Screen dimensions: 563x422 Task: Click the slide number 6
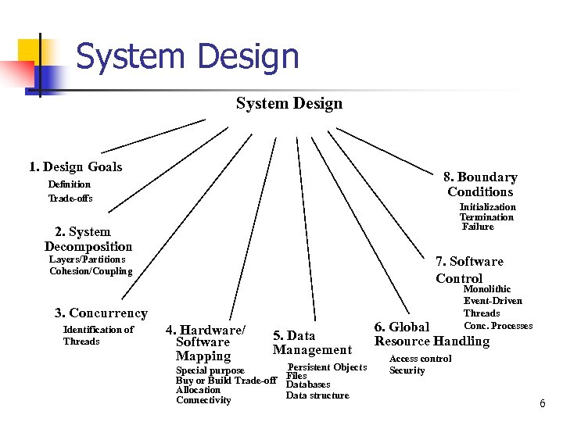541,402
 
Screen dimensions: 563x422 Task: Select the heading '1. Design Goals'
76,166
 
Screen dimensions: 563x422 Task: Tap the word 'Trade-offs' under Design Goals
70,198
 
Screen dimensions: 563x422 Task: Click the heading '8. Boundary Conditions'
480,184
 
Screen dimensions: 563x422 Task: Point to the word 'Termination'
486,217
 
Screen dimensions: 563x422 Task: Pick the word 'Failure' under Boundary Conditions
478,227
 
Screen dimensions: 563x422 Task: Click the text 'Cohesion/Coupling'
91,271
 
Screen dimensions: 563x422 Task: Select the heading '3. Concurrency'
101,313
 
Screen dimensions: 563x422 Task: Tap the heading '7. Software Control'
469,269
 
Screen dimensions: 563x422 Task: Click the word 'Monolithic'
487,289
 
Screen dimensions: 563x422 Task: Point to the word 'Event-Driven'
493,301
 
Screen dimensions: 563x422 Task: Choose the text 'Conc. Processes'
498,326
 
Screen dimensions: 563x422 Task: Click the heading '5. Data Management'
312,343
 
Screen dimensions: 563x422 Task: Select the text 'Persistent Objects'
328,367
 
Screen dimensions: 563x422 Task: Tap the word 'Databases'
308,384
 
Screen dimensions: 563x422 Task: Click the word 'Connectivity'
203,400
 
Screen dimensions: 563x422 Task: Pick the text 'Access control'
420,359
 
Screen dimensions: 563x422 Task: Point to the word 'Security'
407,370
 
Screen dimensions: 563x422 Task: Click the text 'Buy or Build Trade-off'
227,381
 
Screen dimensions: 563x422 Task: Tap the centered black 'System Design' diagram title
289,103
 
